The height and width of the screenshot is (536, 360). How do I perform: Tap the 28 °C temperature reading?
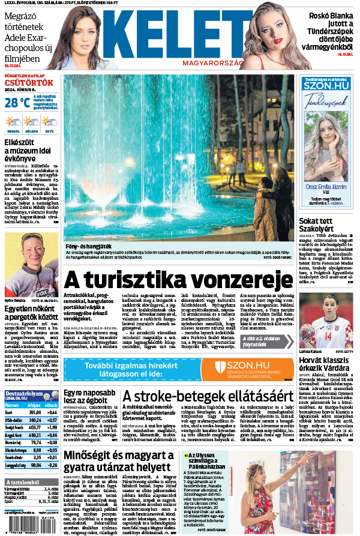(x=17, y=103)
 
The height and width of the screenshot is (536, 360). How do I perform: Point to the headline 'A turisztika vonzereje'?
(x=178, y=279)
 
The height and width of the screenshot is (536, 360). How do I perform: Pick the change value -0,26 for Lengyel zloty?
(x=52, y=465)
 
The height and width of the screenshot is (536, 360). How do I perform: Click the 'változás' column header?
(x=52, y=405)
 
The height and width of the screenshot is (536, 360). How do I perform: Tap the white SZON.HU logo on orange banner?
(x=247, y=365)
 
